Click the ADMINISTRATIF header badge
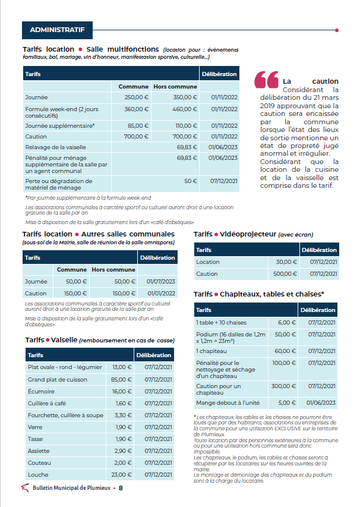tap(57, 29)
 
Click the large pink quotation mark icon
tap(266, 81)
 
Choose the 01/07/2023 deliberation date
tap(160, 281)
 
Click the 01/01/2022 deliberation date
tap(160, 293)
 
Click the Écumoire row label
tap(42, 392)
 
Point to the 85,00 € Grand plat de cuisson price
tap(121, 380)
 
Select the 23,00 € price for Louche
tap(122, 474)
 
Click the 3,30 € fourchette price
tap(123, 415)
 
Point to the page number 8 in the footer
tap(121, 488)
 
